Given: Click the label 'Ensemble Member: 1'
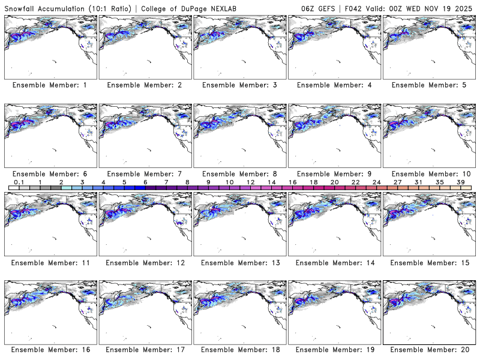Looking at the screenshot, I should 49,85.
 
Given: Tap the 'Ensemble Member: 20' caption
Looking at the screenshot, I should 429,349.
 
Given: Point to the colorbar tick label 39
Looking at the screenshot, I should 460,182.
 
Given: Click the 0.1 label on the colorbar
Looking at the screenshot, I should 19,182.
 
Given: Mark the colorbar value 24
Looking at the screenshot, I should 377,182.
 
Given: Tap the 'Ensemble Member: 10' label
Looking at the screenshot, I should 429,173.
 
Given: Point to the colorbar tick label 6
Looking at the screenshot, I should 145,182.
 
